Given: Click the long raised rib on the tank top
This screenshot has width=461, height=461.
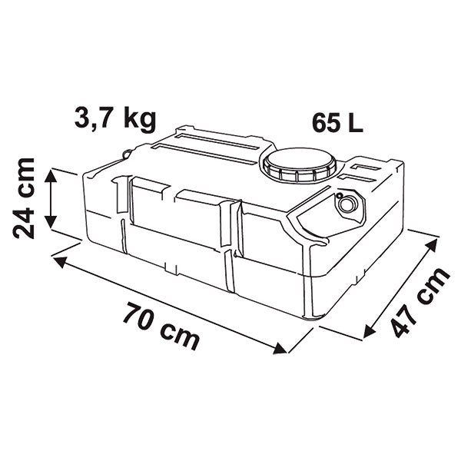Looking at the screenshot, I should [207, 154].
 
